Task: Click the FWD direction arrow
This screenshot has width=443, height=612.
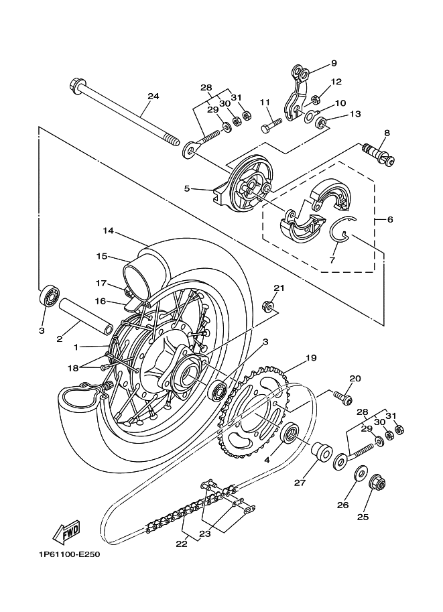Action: [66, 532]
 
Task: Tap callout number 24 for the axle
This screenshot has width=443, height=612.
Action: [153, 96]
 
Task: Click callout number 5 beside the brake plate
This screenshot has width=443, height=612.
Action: [187, 188]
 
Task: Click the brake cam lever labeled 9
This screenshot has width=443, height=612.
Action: [298, 92]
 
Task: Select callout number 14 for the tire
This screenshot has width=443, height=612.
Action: [108, 231]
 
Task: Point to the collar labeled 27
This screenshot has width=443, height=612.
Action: [321, 452]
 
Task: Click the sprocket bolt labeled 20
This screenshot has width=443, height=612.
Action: [342, 397]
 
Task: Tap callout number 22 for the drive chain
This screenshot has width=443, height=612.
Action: [182, 544]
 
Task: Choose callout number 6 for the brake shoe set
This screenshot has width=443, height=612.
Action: [390, 220]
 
